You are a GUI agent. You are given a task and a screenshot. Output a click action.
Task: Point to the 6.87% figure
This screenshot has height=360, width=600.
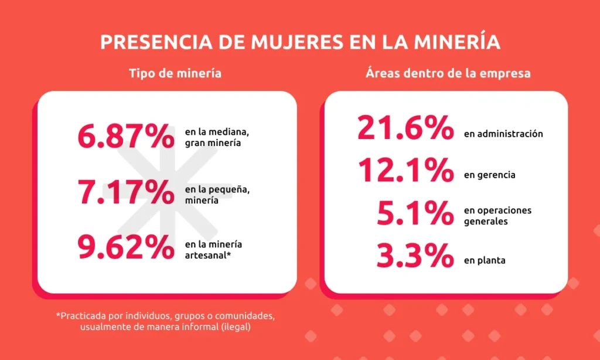(125, 136)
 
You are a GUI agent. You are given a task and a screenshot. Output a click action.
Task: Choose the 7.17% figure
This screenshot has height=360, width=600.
(125, 192)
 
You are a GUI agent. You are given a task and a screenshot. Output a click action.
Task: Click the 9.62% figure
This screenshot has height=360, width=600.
(125, 249)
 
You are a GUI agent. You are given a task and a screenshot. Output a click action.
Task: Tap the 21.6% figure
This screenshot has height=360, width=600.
(405, 128)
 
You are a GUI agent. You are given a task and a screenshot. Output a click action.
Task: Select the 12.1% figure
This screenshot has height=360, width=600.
(405, 171)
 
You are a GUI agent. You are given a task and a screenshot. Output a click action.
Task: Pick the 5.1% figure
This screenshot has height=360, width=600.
(415, 213)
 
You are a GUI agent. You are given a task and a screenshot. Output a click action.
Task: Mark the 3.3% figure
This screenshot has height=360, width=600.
(415, 256)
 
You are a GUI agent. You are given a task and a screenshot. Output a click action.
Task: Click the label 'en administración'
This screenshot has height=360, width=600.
(503, 134)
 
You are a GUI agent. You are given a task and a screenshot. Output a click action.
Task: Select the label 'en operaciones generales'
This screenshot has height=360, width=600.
(497, 216)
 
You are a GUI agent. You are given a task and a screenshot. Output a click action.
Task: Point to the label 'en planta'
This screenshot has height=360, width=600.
(485, 260)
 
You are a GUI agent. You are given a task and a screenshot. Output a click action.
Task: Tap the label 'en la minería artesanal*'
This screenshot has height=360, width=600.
(207, 250)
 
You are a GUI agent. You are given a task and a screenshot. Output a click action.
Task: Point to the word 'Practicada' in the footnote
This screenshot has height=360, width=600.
(83, 316)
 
